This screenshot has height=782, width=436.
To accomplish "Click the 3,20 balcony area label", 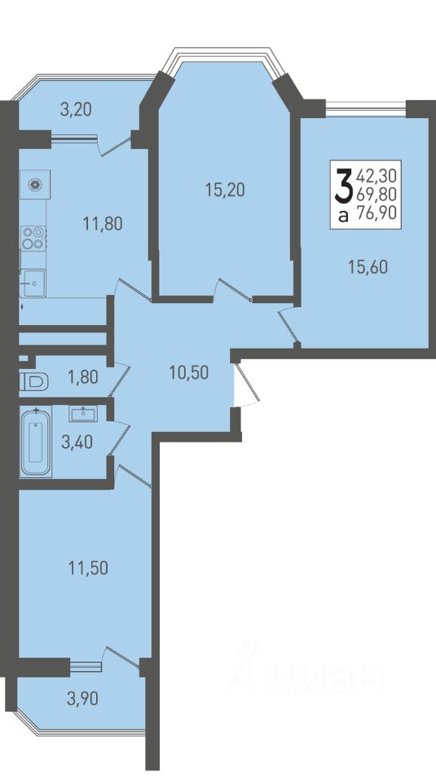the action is click(x=76, y=109).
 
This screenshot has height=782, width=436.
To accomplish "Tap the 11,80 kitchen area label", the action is click(x=103, y=224).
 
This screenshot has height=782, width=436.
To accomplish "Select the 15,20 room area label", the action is click(x=225, y=190).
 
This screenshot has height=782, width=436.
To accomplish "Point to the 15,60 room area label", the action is click(x=368, y=267).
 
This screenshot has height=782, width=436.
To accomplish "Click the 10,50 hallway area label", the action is click(x=188, y=372).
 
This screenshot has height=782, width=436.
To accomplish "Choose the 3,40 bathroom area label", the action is click(x=77, y=442).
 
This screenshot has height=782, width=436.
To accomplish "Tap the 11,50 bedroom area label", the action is click(x=88, y=568).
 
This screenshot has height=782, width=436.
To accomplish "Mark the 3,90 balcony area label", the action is click(x=83, y=699).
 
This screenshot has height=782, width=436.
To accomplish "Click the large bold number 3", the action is click(x=344, y=187).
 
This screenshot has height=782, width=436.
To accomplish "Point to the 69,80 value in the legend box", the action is click(x=377, y=194).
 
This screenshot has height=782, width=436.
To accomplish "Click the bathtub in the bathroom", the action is click(x=36, y=442).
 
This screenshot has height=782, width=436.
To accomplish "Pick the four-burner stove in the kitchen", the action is click(x=34, y=238).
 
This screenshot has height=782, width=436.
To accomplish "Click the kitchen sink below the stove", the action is click(x=33, y=283).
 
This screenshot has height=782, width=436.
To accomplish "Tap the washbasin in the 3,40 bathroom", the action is click(x=84, y=413).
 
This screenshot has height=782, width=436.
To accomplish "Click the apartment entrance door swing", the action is click(x=246, y=386).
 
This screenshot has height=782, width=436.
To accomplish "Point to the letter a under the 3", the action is click(x=343, y=215).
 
